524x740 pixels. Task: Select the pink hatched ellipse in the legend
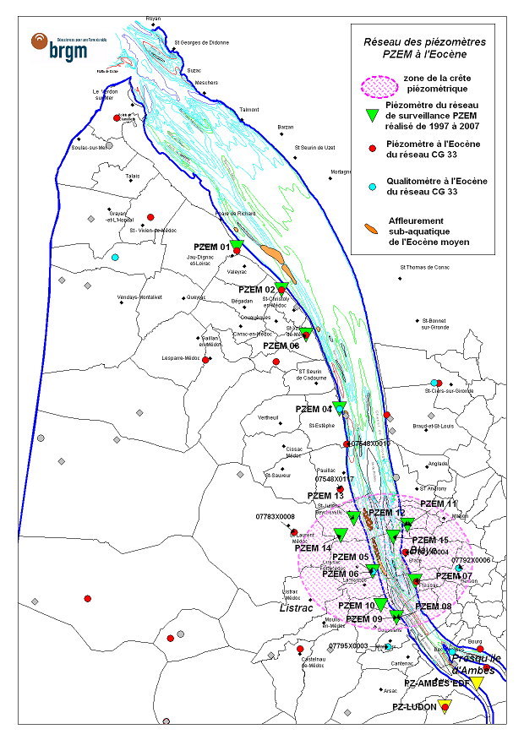click(x=379, y=85)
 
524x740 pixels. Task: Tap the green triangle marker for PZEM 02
click(x=282, y=288)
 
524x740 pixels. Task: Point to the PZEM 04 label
click(x=314, y=409)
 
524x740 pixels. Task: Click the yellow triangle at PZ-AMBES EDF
click(x=478, y=683)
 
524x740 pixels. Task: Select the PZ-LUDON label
click(x=414, y=706)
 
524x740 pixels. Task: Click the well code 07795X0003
click(x=348, y=645)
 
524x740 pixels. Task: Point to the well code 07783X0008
click(x=275, y=516)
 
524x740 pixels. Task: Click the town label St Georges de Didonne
click(x=201, y=42)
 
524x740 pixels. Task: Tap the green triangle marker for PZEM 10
click(x=380, y=604)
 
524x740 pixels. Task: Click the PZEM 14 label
click(x=312, y=548)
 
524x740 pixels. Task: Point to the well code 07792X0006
click(x=470, y=559)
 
